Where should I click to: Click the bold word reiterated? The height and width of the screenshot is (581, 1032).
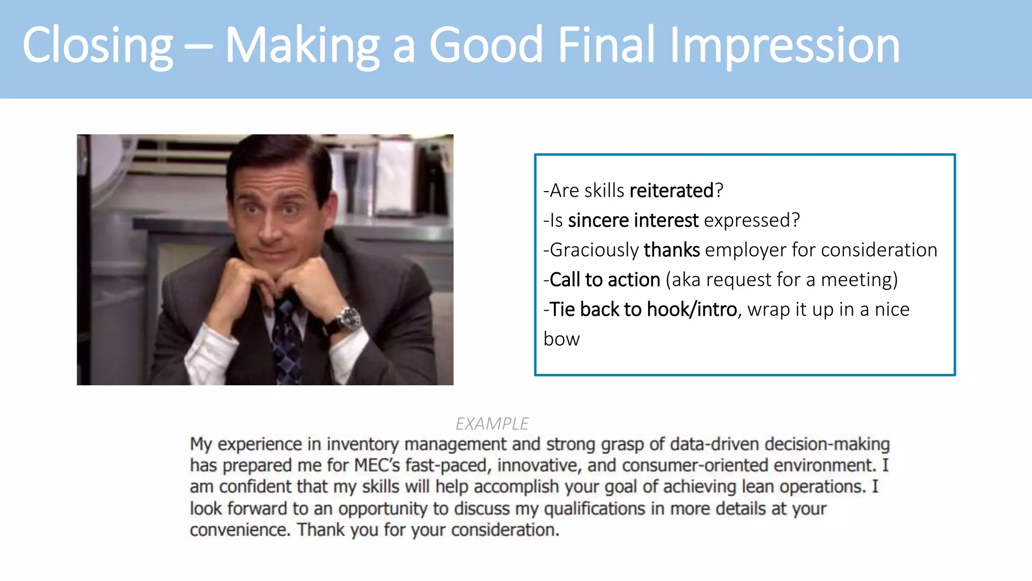671,191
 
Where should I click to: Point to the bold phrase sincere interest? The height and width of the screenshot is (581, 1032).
633,220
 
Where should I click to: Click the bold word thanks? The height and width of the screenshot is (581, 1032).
672,250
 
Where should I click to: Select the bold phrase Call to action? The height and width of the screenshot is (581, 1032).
605,280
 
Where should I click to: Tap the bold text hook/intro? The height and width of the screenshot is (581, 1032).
692,310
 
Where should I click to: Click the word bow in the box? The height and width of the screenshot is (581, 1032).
561,339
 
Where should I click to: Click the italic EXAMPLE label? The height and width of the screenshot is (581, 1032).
492,424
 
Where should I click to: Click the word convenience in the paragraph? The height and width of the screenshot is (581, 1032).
240,530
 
